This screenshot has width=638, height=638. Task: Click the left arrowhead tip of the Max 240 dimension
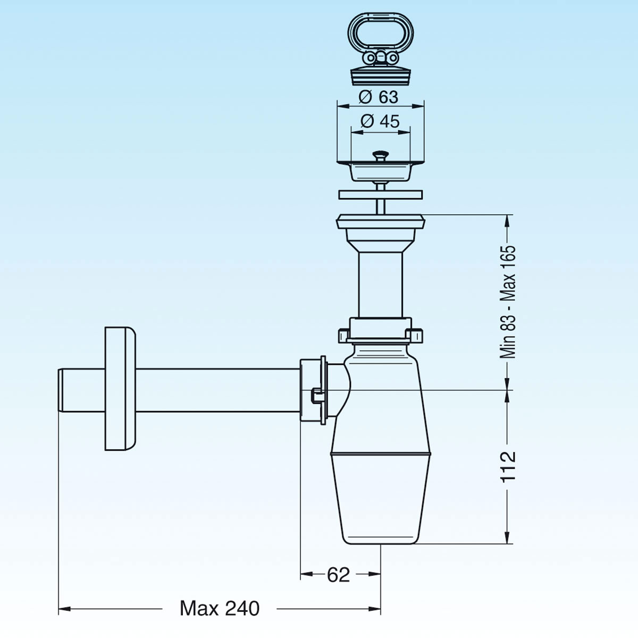[x=58, y=609]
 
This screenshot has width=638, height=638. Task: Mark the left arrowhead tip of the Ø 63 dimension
[x=338, y=106]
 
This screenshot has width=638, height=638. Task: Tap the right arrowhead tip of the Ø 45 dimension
[x=410, y=132]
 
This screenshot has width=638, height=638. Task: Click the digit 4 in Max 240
[x=239, y=608]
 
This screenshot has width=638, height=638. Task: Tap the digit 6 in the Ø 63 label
[x=384, y=97]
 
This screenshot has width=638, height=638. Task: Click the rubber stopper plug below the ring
[x=381, y=77]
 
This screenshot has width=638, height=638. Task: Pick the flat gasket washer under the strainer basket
[x=381, y=195]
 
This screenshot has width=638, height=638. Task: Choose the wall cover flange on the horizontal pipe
[x=121, y=389]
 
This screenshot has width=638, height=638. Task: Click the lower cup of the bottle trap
[x=381, y=499]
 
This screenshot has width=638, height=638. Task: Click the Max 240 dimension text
[x=220, y=608]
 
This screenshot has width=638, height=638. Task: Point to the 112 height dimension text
[x=508, y=467]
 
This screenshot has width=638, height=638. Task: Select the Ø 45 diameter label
[x=380, y=122]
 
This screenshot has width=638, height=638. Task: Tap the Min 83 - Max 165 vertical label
[x=508, y=303]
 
